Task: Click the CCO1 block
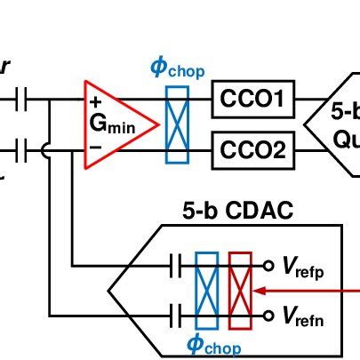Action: tap(252, 104)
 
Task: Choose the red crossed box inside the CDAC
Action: tap(240, 289)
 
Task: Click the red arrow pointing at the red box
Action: tap(302, 290)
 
